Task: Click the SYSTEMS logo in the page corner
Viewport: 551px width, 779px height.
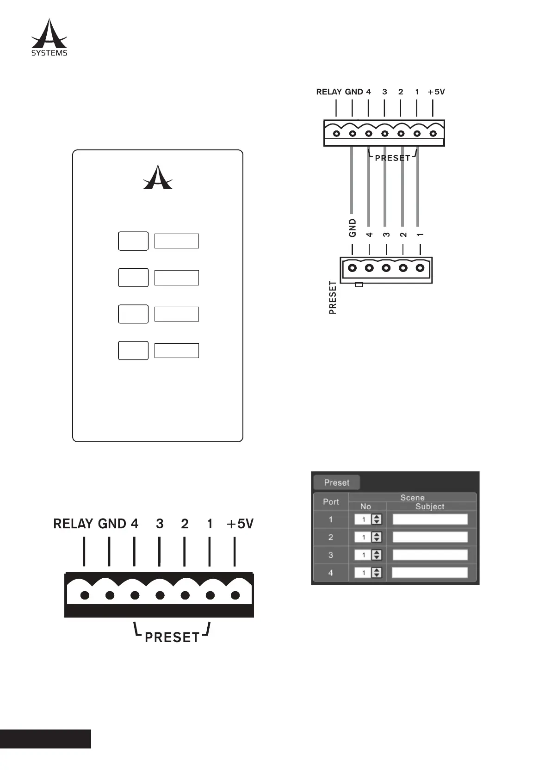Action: (49, 37)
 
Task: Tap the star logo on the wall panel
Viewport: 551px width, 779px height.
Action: (158, 177)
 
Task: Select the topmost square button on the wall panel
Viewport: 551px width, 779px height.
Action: (133, 241)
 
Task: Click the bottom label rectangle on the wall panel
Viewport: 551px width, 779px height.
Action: (176, 351)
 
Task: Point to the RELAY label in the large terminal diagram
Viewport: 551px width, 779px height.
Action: (74, 524)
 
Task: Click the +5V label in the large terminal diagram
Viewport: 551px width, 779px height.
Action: (240, 524)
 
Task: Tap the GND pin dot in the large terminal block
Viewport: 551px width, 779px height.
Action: (110, 595)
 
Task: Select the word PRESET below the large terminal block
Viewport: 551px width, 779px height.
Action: (172, 637)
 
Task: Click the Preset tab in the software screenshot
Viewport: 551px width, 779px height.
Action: (336, 482)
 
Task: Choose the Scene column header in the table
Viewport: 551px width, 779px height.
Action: (412, 498)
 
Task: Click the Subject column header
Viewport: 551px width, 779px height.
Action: (430, 507)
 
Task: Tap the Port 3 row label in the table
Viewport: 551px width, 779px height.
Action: (331, 555)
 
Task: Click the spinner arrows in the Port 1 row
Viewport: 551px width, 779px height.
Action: (377, 519)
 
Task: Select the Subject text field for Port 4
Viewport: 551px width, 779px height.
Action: (430, 573)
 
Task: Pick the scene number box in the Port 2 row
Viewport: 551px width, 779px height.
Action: (363, 537)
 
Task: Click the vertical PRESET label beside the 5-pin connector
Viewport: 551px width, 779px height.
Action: (333, 298)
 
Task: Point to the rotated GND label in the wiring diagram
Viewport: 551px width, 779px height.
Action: (353, 228)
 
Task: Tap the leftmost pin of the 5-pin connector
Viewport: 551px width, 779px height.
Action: (353, 267)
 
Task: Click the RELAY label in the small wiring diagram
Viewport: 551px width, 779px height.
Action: (329, 92)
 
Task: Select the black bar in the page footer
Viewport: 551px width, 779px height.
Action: (45, 739)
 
